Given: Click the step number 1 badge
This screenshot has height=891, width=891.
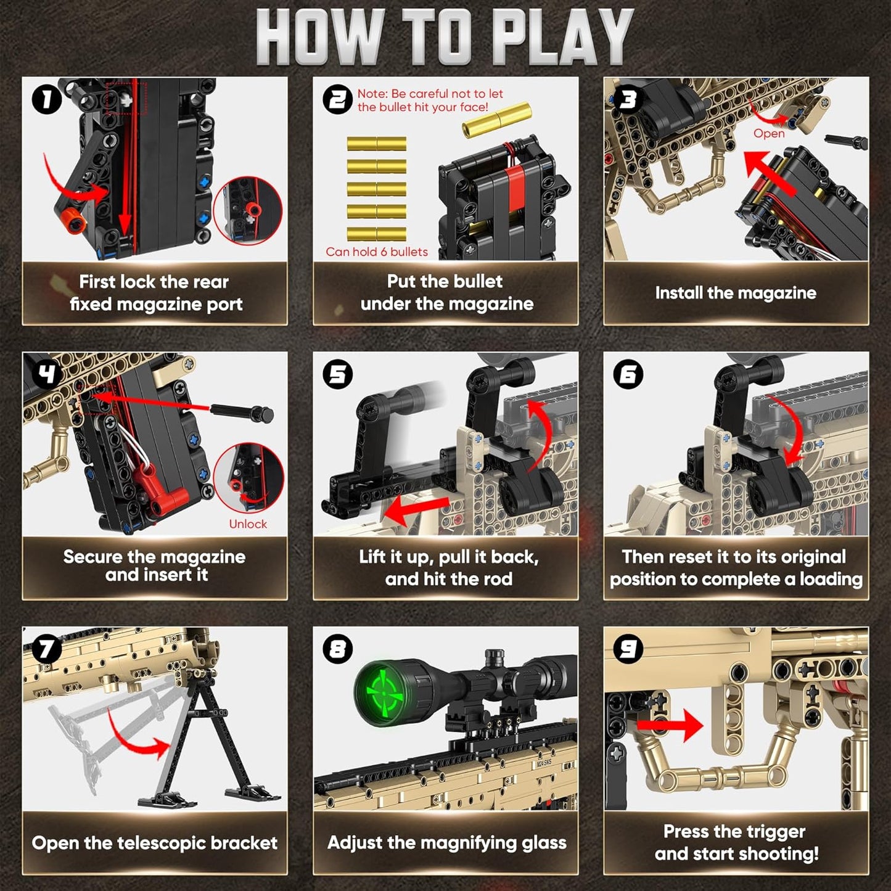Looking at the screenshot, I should pyautogui.click(x=47, y=99).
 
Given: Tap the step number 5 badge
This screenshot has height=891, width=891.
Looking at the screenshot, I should pyautogui.click(x=338, y=374).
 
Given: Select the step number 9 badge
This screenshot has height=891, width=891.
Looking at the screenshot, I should pyautogui.click(x=628, y=649).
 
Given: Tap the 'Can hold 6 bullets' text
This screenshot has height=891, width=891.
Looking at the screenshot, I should pyautogui.click(x=376, y=252).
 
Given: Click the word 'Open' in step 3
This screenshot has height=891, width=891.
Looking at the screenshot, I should pyautogui.click(x=769, y=134).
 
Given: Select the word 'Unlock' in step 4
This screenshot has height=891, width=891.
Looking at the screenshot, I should pyautogui.click(x=248, y=524).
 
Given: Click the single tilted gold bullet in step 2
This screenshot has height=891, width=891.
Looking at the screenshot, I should pyautogui.click(x=496, y=120).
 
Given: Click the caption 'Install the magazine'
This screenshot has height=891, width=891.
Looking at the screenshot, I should pyautogui.click(x=736, y=293).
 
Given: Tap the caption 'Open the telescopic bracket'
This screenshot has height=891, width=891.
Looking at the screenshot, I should pyautogui.click(x=154, y=843).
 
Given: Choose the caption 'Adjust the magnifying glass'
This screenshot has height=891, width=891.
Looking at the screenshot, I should pyautogui.click(x=446, y=842).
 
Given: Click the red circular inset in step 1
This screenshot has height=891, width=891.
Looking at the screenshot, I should pyautogui.click(x=248, y=211).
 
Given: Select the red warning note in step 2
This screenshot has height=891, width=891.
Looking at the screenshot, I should pyautogui.click(x=430, y=101).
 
